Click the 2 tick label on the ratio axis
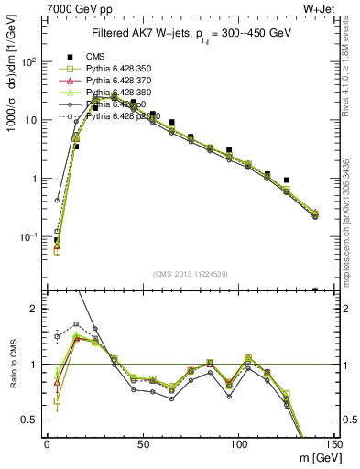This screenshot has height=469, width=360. [x=35, y=309]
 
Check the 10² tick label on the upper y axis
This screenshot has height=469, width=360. [x=29, y=61]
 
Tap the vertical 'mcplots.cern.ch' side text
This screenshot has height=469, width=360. [x=351, y=229]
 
